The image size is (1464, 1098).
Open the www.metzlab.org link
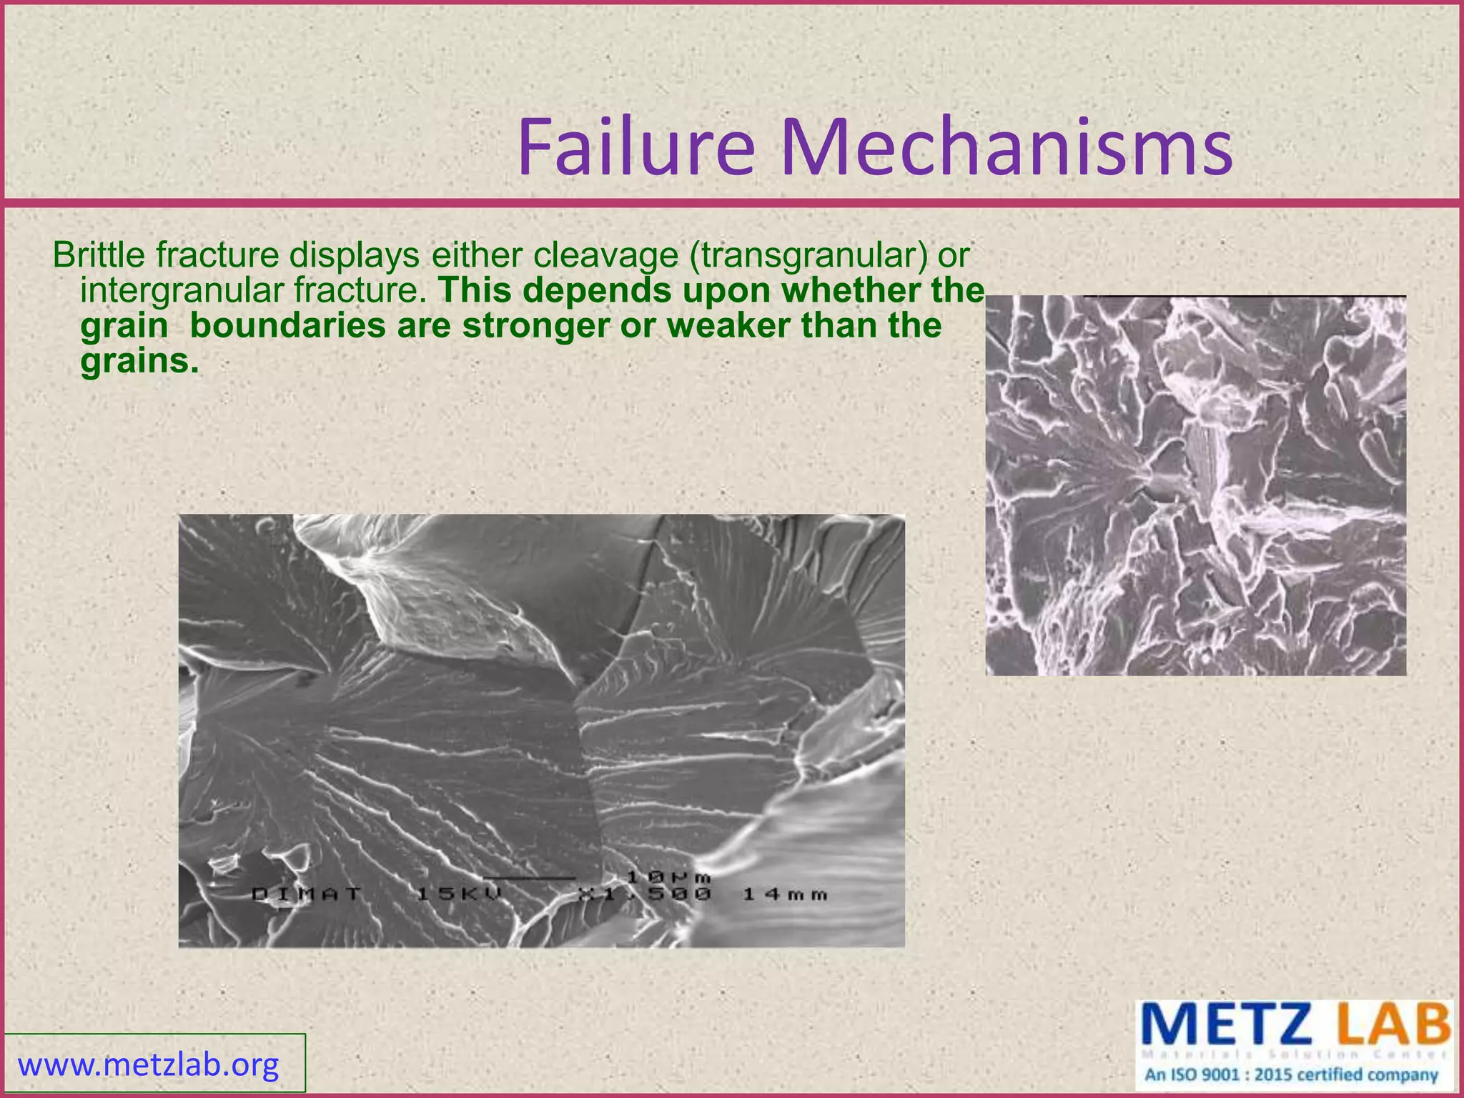coord(149,1064)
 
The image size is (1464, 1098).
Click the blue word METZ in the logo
coord(1229,1024)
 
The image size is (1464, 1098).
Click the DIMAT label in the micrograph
coord(307,894)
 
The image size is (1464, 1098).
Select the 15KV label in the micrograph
coord(460,894)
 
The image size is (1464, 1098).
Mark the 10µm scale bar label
coord(668,876)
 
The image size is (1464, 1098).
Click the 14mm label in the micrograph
coord(785,894)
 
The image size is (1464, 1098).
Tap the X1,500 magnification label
coord(645,894)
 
